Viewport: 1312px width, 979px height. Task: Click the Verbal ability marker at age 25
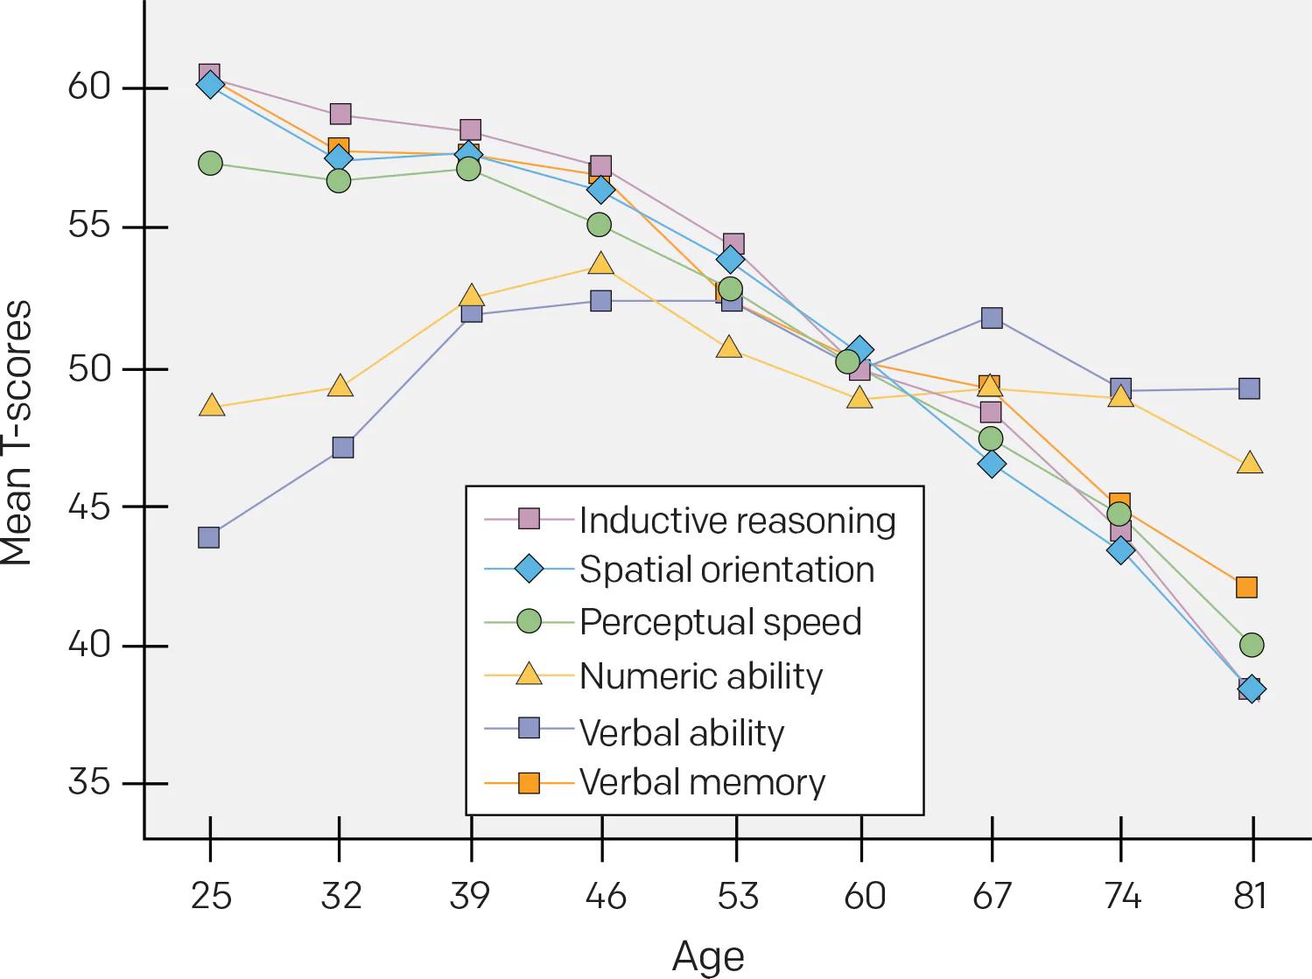coord(208,537)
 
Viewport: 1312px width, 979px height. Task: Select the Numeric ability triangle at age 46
coord(600,264)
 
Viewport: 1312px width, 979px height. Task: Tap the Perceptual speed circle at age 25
coord(210,164)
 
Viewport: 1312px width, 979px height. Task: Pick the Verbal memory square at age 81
coord(1246,587)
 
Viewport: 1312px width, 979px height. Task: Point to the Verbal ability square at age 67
coord(992,318)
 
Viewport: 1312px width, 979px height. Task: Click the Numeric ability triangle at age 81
coord(1250,463)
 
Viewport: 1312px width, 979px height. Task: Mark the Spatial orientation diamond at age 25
coord(210,85)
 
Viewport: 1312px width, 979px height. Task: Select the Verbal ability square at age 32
coord(343,448)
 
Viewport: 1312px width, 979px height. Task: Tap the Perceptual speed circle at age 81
coord(1252,646)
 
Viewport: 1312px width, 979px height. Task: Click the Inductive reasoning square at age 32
coord(340,115)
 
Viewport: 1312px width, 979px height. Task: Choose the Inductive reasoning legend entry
coord(737,521)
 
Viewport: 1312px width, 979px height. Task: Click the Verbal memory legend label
coord(702,782)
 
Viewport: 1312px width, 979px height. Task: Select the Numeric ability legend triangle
coord(529,675)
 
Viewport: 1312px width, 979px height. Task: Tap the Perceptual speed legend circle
coord(529,622)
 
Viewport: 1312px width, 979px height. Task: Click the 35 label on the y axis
coord(88,782)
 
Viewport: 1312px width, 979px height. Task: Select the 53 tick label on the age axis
coord(737,896)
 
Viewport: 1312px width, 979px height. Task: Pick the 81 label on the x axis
coord(1250,896)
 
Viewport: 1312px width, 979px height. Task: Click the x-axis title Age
coord(708,957)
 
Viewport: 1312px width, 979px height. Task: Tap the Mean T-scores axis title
coord(18,433)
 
